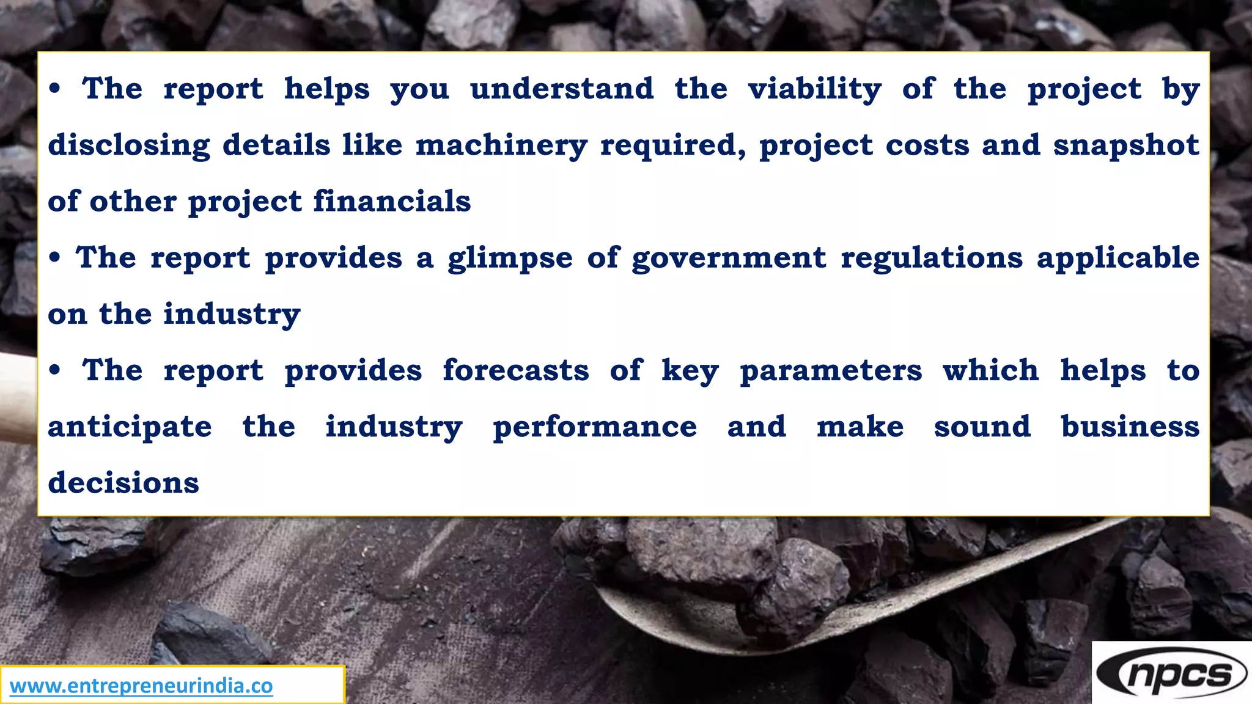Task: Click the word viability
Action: (x=814, y=90)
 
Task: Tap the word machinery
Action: (x=501, y=146)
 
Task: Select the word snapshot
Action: (x=1126, y=146)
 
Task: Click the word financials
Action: (x=392, y=202)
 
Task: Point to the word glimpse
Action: (x=510, y=258)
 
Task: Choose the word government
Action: (x=729, y=258)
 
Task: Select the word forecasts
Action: (x=516, y=371)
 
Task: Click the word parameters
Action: (x=831, y=371)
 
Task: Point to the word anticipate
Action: (x=130, y=427)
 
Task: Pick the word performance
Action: (x=594, y=427)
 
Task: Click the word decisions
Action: (x=123, y=483)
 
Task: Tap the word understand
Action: (x=562, y=89)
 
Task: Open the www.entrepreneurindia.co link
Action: (x=141, y=686)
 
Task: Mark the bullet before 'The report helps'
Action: (x=56, y=89)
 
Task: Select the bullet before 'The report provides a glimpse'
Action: (x=56, y=258)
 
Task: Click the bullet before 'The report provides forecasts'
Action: (x=56, y=370)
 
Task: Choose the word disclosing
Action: (x=129, y=146)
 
